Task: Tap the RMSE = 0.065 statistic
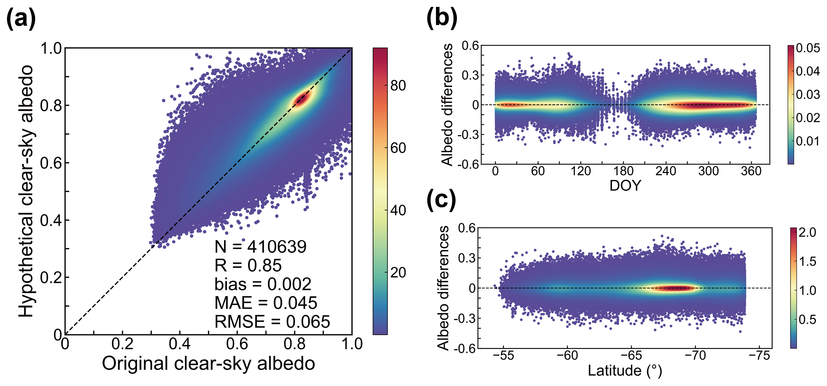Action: tap(272, 322)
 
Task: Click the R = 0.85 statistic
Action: tap(248, 265)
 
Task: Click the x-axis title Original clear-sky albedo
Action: tap(208, 364)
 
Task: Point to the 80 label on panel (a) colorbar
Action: tap(398, 86)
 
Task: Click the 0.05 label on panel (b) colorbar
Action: tap(808, 48)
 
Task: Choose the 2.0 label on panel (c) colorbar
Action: tap(807, 232)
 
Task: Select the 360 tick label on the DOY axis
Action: tap(751, 171)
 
